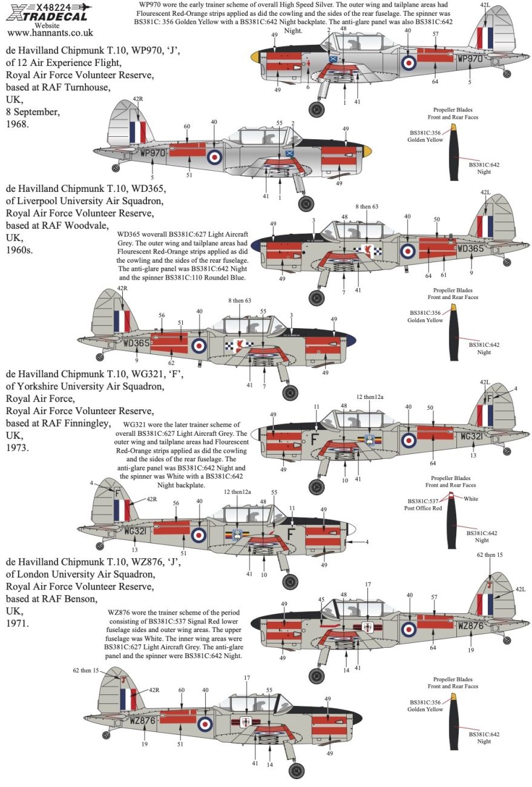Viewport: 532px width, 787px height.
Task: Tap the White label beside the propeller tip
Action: point(471,499)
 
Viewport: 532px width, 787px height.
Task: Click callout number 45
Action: point(321,599)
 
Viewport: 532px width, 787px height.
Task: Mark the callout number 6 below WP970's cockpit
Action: point(307,87)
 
